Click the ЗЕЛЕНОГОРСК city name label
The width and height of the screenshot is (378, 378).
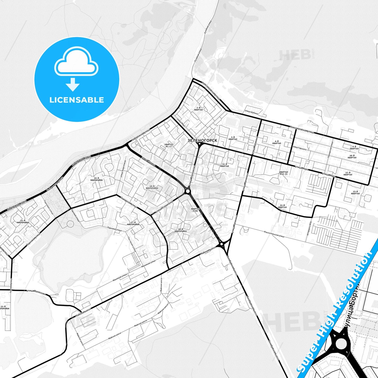202,140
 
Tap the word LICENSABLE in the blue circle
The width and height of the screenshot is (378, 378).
77,100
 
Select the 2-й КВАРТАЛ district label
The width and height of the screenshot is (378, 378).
198,109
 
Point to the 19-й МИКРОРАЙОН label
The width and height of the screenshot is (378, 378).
97,179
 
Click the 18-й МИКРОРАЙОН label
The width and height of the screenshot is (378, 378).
152,187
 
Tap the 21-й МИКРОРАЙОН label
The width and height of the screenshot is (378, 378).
23,221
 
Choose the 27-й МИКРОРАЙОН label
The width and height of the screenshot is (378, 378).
133,223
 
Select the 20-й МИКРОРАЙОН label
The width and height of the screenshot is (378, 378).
180,230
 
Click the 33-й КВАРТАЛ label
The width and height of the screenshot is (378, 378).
282,206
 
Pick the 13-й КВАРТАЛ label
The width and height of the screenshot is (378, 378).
355,193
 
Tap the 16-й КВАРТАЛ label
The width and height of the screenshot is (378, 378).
224,165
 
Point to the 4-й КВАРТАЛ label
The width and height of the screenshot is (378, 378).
277,142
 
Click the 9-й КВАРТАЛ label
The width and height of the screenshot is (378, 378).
354,148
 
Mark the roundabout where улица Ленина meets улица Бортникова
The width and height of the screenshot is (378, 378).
188,191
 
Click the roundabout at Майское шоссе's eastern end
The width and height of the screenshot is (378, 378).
222,244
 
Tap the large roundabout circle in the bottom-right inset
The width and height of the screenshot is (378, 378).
341,343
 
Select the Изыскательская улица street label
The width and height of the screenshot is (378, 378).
274,234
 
